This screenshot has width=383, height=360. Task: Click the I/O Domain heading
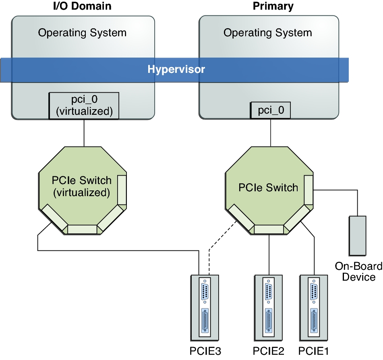82,6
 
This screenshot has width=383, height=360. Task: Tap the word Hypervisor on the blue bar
176,69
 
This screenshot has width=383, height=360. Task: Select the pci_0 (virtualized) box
84,106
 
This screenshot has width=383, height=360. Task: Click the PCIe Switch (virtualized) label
81,186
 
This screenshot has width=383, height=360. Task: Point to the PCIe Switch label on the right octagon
268,188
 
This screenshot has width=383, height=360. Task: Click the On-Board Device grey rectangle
358,236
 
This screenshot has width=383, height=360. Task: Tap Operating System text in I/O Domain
82,33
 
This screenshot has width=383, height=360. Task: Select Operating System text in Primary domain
267,33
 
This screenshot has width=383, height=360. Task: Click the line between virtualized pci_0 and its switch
84,133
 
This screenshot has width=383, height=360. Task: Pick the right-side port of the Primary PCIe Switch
308,190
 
